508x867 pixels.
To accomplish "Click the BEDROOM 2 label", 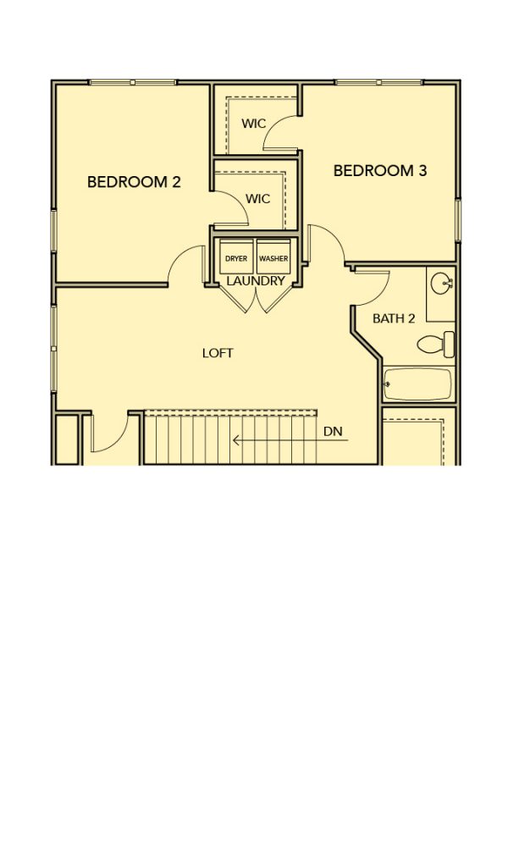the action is [134, 182].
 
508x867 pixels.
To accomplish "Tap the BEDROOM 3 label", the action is [380, 170].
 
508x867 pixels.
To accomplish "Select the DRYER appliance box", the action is [236, 257].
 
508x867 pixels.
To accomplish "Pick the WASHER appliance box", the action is [273, 257].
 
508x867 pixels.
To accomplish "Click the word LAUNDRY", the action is [256, 281].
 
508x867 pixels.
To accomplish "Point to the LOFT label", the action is [218, 353].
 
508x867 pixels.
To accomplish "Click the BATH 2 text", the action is [394, 318].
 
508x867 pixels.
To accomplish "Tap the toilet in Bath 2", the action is [435, 345].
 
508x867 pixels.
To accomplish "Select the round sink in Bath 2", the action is [442, 285].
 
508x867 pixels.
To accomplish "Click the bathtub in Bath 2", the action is [418, 384].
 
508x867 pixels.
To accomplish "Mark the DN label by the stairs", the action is [333, 429].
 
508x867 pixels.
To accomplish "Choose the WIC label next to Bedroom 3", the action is [253, 124].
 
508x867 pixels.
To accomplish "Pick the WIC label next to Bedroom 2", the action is [258, 198].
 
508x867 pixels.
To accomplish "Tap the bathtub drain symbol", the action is [387, 384].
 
